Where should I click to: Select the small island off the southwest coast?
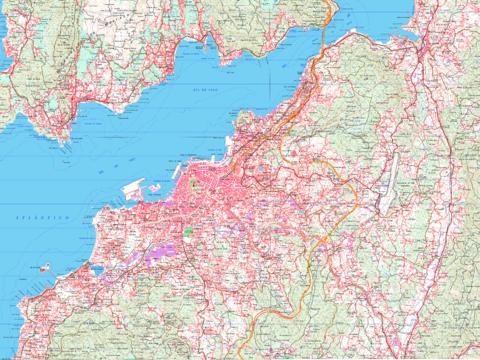tap(44, 268)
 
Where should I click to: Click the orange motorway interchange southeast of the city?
tap(325, 240)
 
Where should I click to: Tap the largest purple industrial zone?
tap(160, 256)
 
